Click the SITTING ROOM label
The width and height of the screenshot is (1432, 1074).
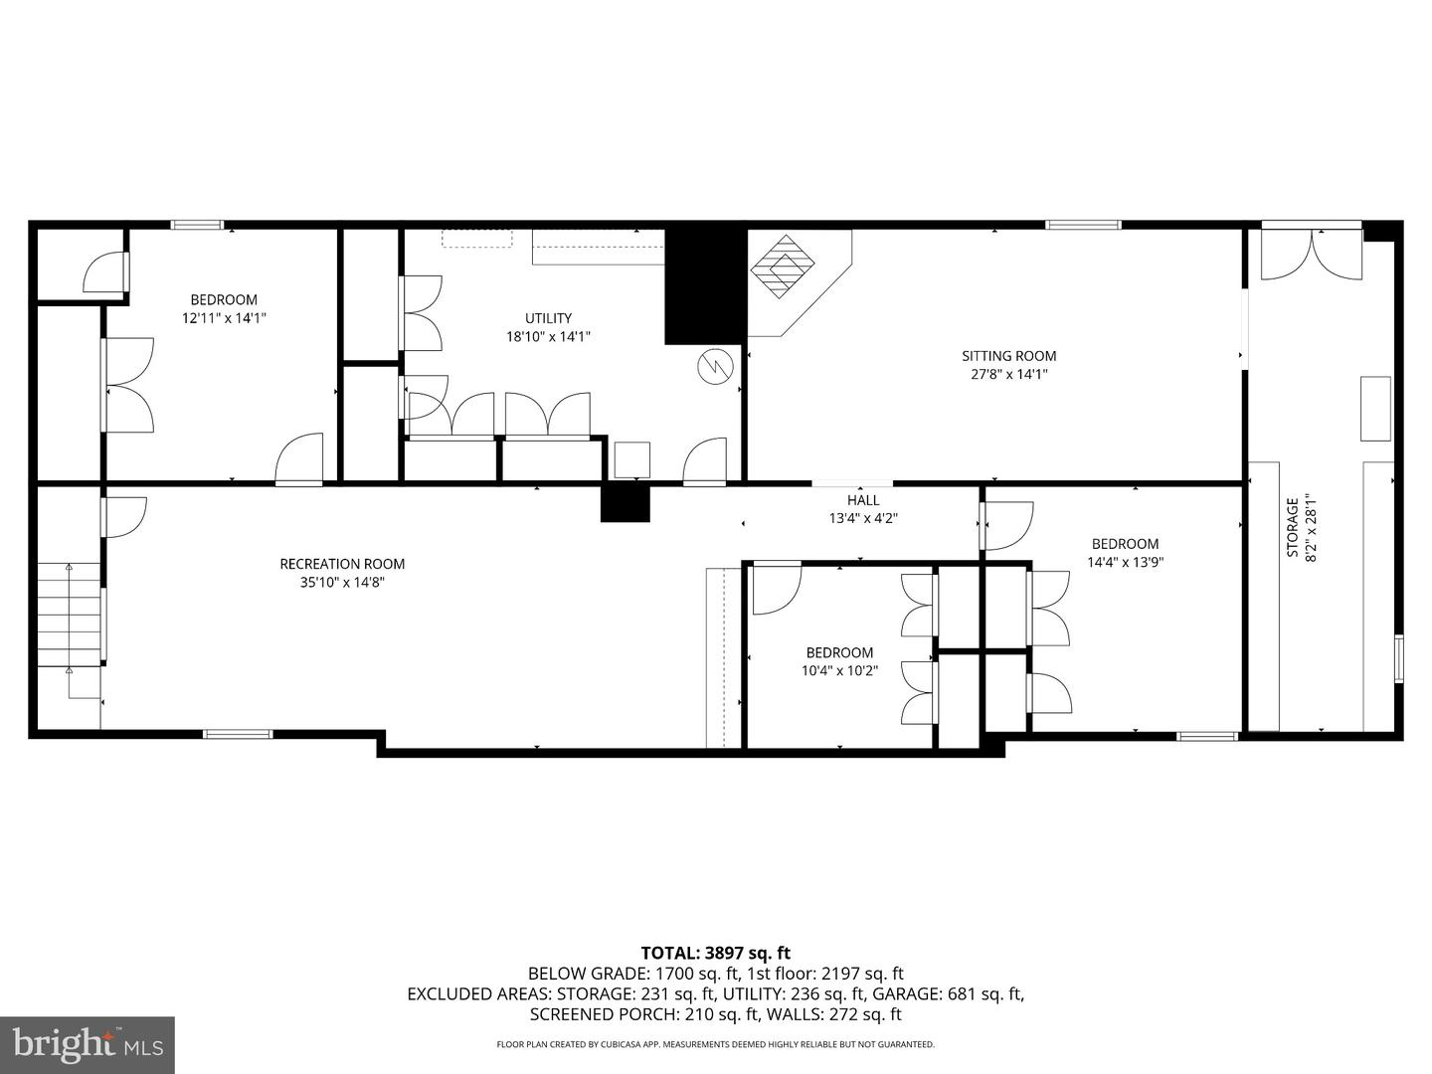[x=1008, y=356]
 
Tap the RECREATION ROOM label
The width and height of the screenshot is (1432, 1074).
[x=342, y=564]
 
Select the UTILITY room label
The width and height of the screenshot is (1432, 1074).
[x=548, y=318]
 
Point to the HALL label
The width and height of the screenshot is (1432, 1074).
[x=863, y=500]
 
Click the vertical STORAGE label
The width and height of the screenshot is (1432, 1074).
[x=1292, y=528]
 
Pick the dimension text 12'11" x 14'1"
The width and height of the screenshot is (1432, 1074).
[x=224, y=318]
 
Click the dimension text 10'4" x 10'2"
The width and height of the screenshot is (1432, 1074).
[x=839, y=671]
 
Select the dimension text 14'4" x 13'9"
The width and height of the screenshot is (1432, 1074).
[x=1125, y=562]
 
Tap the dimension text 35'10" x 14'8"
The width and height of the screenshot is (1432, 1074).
[x=342, y=583]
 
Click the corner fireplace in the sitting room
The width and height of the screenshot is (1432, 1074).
[x=785, y=267]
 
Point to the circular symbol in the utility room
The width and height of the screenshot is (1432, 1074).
[x=714, y=367]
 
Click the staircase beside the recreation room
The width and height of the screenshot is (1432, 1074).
[x=70, y=615]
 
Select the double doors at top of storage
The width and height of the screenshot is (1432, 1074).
[x=1312, y=254]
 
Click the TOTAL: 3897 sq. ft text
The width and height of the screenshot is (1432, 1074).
[x=715, y=954]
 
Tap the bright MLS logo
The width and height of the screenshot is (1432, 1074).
[x=88, y=1044]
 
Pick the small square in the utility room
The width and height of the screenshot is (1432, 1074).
[x=631, y=459]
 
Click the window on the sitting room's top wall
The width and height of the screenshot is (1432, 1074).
[x=1082, y=225]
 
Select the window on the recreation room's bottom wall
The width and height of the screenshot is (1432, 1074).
[x=238, y=734]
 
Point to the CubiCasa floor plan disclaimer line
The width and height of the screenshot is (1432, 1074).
[x=715, y=1045]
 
